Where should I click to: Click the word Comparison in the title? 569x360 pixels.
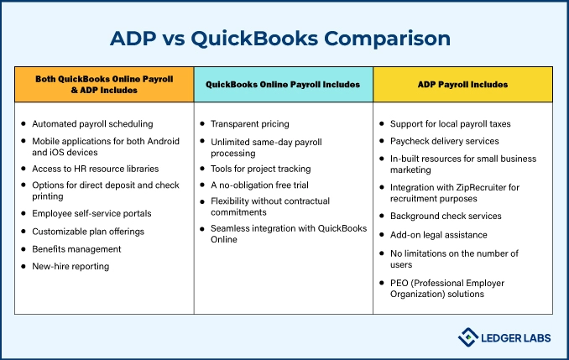click(387, 39)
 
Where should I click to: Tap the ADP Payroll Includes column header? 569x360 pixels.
click(462, 85)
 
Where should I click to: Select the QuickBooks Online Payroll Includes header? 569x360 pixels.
click(283, 85)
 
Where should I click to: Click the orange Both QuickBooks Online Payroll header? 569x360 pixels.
click(104, 85)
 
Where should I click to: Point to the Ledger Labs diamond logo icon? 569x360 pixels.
click(467, 337)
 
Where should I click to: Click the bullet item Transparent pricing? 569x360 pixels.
click(249, 124)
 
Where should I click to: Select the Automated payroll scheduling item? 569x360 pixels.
click(92, 124)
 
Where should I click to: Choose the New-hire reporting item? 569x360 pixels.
click(70, 266)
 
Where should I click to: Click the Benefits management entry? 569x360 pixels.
click(76, 249)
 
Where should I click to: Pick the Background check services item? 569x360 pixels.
click(446, 216)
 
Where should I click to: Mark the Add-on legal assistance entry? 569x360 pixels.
click(438, 235)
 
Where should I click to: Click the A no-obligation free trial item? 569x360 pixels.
click(259, 185)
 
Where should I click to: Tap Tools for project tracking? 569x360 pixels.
click(260, 169)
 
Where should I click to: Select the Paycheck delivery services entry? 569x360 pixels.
click(445, 141)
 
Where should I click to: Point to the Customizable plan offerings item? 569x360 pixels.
click(88, 232)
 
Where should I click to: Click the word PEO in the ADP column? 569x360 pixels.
click(399, 283)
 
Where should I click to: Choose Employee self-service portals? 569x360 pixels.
click(91, 213)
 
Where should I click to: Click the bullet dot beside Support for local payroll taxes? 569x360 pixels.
click(382, 123)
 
